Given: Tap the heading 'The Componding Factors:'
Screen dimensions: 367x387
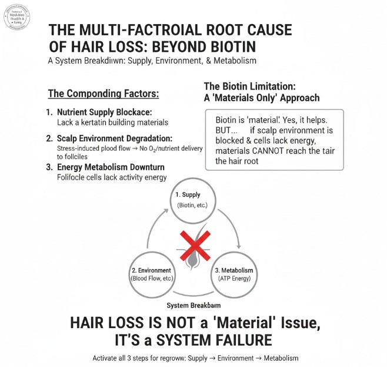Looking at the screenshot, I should pos(104,94).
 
